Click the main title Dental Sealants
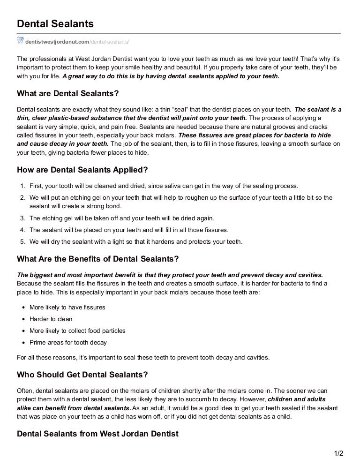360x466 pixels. click(55, 23)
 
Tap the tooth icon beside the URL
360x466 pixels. click(20, 41)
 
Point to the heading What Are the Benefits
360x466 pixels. click(97, 259)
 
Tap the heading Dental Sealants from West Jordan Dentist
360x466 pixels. click(97, 434)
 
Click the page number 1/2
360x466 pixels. click(338, 453)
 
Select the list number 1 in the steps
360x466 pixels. click(22, 186)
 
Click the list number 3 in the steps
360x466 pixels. click(22, 218)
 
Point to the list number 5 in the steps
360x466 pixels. click(22, 242)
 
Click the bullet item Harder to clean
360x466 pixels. click(51, 319)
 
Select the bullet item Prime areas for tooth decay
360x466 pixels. click(68, 343)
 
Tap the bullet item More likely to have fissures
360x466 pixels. click(67, 308)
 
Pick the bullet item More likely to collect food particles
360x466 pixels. click(77, 331)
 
